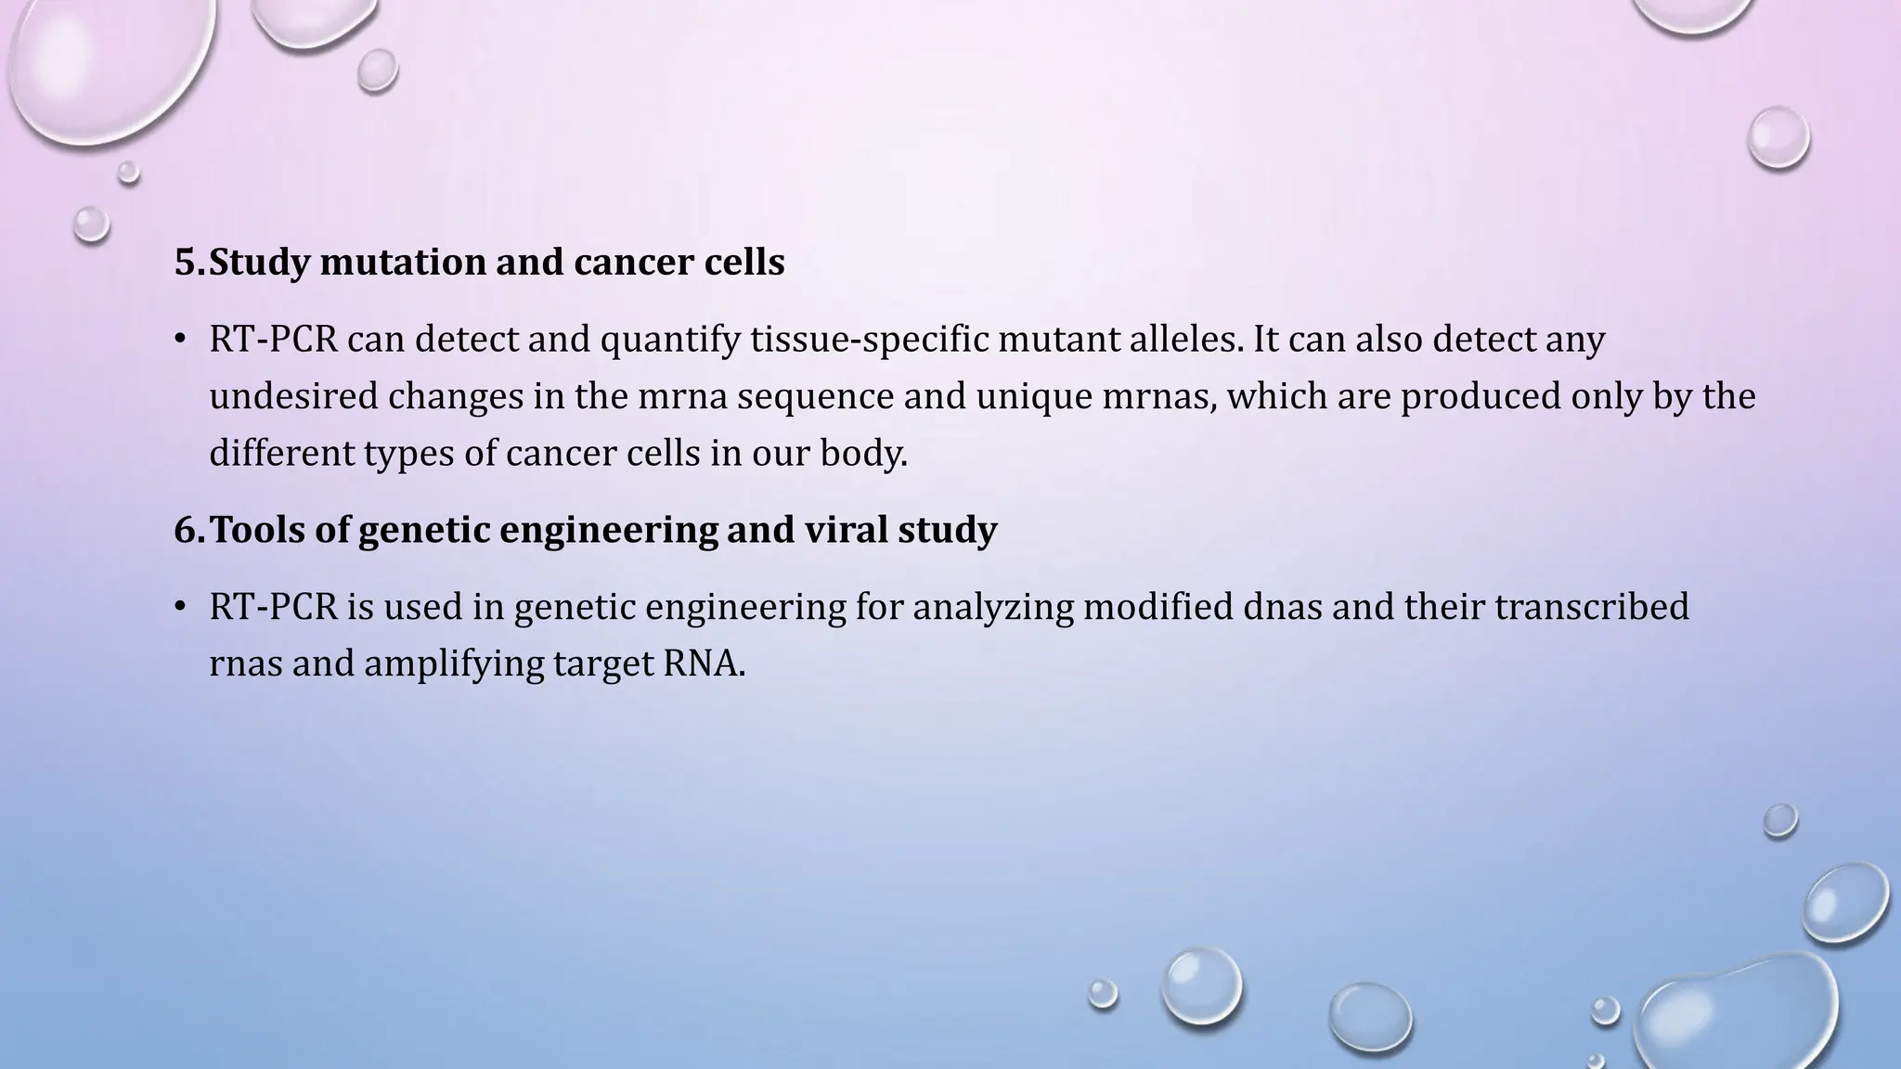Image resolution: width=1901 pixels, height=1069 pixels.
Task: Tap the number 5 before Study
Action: tap(186, 263)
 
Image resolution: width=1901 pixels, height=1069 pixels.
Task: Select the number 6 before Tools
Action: tap(186, 530)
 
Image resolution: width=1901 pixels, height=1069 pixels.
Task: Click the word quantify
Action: tap(669, 340)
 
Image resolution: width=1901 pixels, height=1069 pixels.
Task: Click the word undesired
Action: tap(292, 396)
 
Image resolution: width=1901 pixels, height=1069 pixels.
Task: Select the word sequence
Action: tap(816, 396)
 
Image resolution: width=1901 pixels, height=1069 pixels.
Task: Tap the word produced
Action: tap(1480, 396)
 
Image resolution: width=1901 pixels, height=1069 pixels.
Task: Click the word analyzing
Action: tap(992, 607)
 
